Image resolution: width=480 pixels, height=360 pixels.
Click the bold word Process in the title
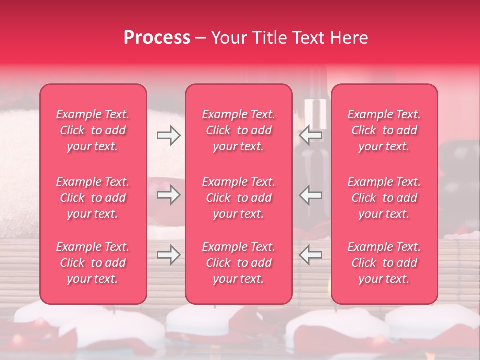[157, 38]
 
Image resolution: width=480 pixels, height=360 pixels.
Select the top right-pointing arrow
[168, 135]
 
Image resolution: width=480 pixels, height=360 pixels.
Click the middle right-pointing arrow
[168, 195]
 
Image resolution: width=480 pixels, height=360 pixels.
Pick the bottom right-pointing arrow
[168, 255]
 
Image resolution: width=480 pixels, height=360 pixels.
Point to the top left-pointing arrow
[311, 135]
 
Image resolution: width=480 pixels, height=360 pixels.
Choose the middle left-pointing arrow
[311, 195]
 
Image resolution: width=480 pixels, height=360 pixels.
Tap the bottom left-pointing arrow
[311, 255]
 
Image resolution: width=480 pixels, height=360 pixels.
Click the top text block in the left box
[93, 130]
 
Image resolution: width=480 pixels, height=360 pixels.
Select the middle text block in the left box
[93, 198]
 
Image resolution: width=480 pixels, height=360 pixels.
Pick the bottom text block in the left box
[93, 263]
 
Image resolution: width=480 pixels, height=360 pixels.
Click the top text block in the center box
[239, 130]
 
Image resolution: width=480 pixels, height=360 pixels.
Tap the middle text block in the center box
[239, 198]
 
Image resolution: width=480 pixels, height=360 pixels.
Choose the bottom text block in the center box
[239, 263]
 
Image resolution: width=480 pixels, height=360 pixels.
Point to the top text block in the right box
[384, 130]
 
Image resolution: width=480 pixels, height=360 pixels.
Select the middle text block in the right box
[384, 198]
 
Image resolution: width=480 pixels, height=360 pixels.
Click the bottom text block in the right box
[384, 263]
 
